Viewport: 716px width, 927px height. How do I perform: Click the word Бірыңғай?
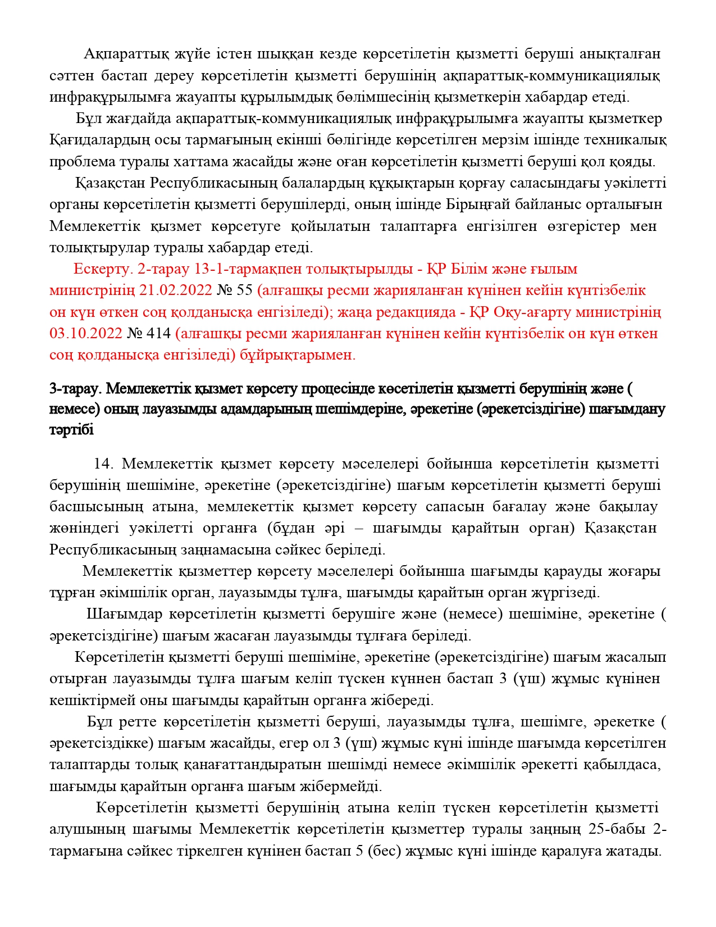[x=479, y=205]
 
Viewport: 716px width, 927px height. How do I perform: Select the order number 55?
[x=245, y=290]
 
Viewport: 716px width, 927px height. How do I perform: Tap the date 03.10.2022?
[x=85, y=334]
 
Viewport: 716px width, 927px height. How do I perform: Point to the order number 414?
[x=158, y=334]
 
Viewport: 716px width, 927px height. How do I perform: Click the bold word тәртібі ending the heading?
[x=71, y=430]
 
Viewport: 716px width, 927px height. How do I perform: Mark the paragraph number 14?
[x=104, y=464]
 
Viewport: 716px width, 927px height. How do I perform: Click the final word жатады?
[x=637, y=851]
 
